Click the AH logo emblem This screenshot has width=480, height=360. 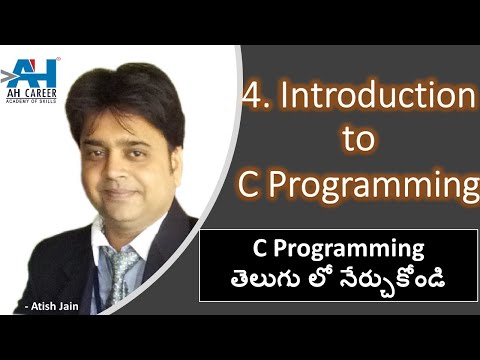[30, 71]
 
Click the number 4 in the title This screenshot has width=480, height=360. [252, 96]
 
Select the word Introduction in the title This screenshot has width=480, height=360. [375, 96]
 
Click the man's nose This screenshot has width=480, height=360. [132, 170]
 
